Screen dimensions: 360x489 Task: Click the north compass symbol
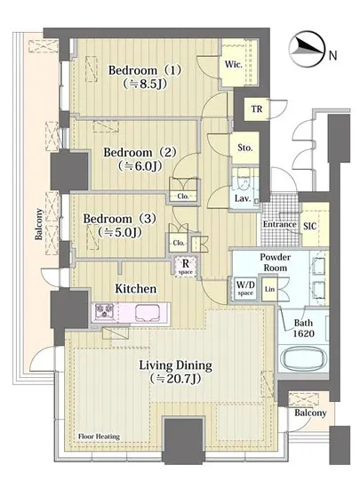pyautogui.click(x=307, y=49)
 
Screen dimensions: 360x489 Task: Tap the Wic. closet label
pyautogui.click(x=233, y=65)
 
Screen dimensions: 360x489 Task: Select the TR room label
pyautogui.click(x=257, y=109)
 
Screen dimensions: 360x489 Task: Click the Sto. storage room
pyautogui.click(x=245, y=148)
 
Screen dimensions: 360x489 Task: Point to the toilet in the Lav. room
pyautogui.click(x=244, y=180)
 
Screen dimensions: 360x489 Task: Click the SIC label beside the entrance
pyautogui.click(x=310, y=226)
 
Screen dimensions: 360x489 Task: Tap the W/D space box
pyautogui.click(x=245, y=288)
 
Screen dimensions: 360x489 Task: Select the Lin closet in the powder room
pyautogui.click(x=269, y=289)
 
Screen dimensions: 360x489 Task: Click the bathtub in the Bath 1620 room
pyautogui.click(x=304, y=358)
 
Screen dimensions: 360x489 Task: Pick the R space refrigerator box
pyautogui.click(x=186, y=266)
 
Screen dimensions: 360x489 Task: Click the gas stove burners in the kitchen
pyautogui.click(x=105, y=312)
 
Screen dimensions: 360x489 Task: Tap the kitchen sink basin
pyautogui.click(x=148, y=312)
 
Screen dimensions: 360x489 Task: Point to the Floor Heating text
pyautogui.click(x=99, y=437)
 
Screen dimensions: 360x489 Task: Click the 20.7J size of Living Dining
pyautogui.click(x=175, y=379)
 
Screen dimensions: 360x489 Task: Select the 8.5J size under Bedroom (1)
pyautogui.click(x=144, y=84)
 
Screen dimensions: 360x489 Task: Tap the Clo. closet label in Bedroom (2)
pyautogui.click(x=183, y=196)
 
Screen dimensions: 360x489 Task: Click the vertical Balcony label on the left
pyautogui.click(x=38, y=224)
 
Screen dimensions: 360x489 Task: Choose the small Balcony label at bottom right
pyautogui.click(x=310, y=413)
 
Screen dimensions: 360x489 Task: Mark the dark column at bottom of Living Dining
pyautogui.click(x=184, y=440)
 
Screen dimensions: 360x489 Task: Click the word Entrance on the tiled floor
pyautogui.click(x=279, y=224)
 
